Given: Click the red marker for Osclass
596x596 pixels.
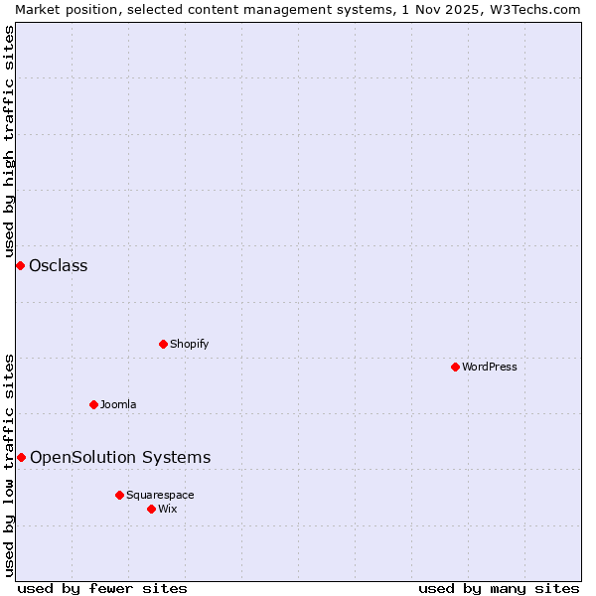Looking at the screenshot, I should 20,265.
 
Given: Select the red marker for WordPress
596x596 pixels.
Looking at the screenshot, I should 455,367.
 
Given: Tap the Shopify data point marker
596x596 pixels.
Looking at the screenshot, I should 163,344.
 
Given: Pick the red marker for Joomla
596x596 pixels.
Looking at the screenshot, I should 93,404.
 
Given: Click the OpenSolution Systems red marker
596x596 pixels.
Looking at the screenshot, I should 21,457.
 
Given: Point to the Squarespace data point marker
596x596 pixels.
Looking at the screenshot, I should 119,495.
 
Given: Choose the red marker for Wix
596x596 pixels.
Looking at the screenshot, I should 151,509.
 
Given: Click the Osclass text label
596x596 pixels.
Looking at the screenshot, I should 59,265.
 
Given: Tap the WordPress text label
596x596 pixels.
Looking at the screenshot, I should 490,367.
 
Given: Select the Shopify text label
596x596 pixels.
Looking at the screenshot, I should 189,344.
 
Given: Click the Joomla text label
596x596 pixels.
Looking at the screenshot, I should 118,404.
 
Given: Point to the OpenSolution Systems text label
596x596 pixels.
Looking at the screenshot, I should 120,457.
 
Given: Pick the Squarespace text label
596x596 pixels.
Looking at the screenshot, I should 160,495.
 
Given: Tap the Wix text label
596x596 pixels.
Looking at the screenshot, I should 167,509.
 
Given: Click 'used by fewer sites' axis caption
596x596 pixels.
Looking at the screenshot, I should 102,588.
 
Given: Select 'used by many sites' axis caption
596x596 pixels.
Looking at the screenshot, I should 499,588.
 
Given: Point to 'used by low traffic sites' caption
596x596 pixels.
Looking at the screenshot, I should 9,464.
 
